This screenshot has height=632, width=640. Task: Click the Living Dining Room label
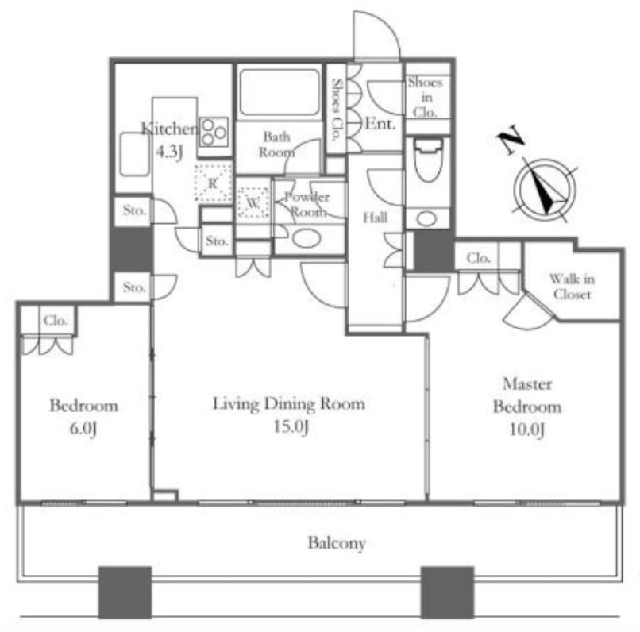tap(289, 404)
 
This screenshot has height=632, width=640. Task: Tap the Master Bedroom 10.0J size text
tap(527, 430)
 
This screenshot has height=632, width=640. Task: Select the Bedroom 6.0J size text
tap(83, 429)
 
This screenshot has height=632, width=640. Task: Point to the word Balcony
tap(337, 543)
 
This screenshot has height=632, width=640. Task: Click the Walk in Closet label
tap(572, 287)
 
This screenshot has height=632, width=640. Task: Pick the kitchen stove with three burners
tap(214, 132)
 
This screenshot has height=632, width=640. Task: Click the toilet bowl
tap(428, 160)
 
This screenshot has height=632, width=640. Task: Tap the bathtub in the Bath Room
tap(280, 92)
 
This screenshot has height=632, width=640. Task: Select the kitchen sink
tap(134, 154)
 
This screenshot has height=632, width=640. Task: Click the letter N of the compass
tap(511, 139)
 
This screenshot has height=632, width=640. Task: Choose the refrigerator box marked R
tap(213, 182)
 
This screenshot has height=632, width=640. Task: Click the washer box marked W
tap(253, 202)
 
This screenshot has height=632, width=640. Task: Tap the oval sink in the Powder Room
tap(307, 238)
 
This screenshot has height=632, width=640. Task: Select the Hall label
tap(375, 218)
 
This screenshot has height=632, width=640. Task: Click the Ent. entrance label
tap(380, 124)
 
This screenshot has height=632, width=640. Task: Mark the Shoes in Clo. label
tap(426, 97)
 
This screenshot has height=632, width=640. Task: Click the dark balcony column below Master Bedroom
tap(447, 592)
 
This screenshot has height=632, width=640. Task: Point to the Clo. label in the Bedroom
tap(56, 321)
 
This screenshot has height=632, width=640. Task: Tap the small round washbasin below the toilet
tap(426, 218)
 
